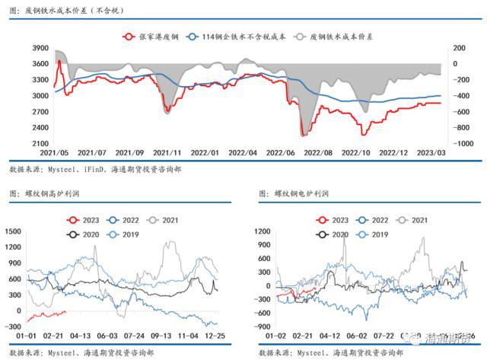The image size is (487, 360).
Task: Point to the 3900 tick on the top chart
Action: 40,48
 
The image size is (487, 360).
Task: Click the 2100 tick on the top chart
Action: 40,143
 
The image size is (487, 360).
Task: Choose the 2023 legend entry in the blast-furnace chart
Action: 86,219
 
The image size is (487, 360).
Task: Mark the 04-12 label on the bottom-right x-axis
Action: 329,333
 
